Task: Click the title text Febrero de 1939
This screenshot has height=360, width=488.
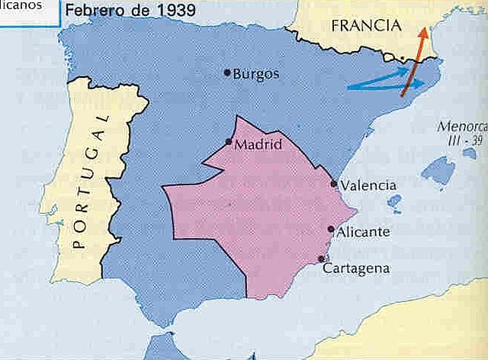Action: coord(130,11)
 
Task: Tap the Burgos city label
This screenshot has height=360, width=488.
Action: coord(256,74)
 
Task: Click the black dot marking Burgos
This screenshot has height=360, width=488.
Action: coord(227,72)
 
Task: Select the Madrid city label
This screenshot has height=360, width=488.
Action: coord(259,144)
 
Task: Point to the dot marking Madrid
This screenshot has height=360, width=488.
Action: coord(229,142)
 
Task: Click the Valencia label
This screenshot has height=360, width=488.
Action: coord(369,185)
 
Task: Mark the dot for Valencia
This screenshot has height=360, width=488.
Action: coord(334,184)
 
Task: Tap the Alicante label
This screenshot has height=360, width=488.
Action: coord(364,231)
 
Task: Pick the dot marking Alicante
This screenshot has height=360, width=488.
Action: coord(330,229)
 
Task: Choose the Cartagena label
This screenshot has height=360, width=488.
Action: coord(357,268)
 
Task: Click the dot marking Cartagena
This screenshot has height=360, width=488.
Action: coord(321,259)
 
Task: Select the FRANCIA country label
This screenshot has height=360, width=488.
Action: coord(365,26)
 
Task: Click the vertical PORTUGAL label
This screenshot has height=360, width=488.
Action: coord(90,183)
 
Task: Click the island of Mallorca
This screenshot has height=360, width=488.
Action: coord(438,171)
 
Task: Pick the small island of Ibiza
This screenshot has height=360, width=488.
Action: coord(394,202)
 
